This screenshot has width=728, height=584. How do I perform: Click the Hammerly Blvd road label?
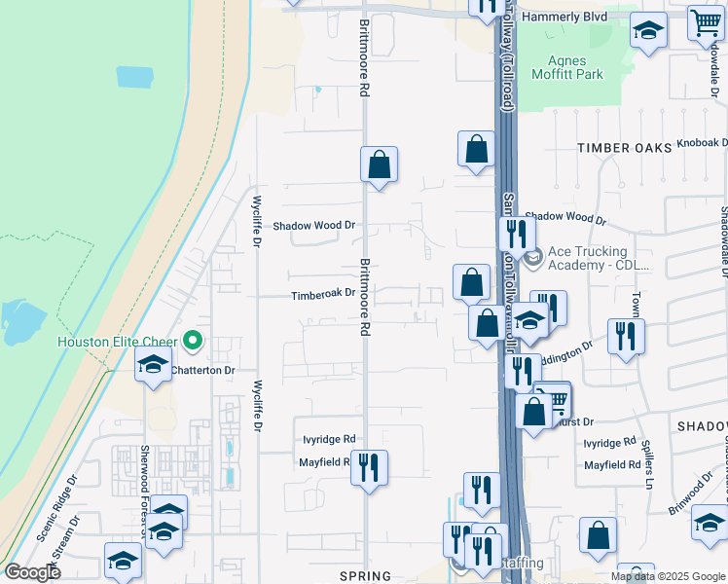click(564, 18)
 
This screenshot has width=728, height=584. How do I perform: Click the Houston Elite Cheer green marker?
click(193, 341)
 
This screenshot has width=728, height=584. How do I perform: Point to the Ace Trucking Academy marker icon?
click(532, 259)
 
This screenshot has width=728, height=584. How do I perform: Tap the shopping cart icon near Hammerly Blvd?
click(705, 22)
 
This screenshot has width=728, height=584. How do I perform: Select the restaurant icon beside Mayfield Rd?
click(369, 466)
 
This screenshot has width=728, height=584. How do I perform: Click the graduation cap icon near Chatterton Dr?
click(153, 366)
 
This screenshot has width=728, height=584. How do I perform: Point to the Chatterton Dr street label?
click(203, 371)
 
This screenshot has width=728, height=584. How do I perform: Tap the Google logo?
click(32, 571)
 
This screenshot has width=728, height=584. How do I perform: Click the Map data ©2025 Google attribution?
click(667, 576)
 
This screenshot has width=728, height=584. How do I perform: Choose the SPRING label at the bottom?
click(364, 576)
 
